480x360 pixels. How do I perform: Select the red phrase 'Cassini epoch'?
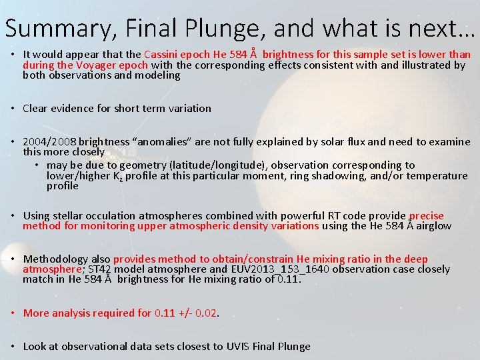pyautogui.click(x=175, y=55)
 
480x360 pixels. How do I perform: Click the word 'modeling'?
pyautogui.click(x=158, y=75)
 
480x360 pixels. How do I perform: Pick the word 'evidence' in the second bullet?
pyautogui.click(x=73, y=109)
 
